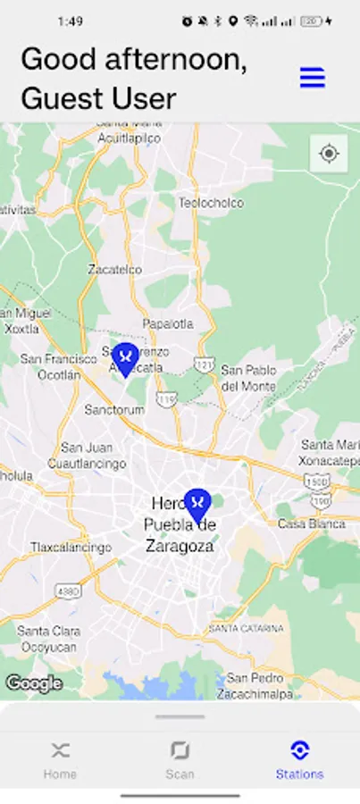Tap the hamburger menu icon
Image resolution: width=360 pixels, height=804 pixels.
pos(312,78)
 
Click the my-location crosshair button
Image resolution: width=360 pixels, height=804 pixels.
pos(329,154)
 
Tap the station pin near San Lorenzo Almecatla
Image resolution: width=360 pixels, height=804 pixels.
pos(126,358)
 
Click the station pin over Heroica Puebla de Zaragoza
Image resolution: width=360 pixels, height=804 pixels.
pos(197,506)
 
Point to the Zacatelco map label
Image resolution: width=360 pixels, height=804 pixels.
pos(114,269)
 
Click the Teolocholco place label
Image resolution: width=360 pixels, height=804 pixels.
pos(211,203)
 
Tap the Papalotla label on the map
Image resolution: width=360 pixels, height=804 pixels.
pos(167,323)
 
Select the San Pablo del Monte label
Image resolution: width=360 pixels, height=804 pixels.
pos(248,378)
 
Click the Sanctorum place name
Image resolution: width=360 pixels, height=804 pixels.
pos(113,409)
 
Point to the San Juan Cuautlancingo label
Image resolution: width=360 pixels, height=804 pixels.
pos(87,456)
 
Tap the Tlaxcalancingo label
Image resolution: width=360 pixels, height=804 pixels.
pos(71,547)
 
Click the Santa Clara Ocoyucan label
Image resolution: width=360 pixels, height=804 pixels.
pos(48,638)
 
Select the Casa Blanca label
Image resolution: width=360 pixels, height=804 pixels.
pos(311,523)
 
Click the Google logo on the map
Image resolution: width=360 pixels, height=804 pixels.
pos(34,683)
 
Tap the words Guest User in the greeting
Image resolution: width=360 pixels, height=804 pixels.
pos(98,98)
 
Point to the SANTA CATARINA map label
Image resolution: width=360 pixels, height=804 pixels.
pos(246,629)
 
